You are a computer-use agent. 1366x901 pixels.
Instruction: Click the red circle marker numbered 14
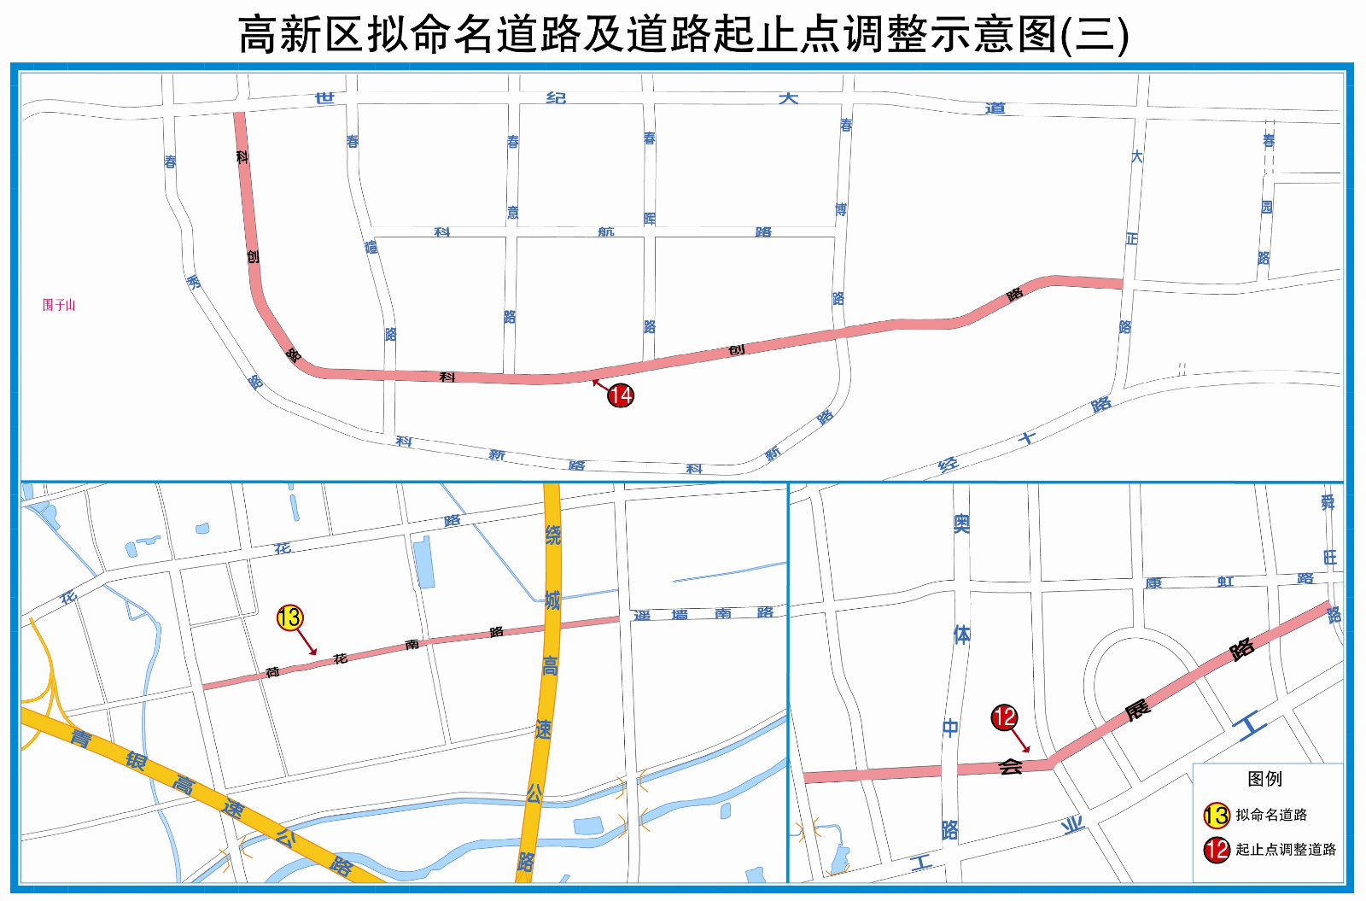[621, 395]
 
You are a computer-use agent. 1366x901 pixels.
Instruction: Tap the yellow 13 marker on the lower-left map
[289, 617]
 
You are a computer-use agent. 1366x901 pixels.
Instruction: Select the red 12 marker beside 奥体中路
[1004, 717]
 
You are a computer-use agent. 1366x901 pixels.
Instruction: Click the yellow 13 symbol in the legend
[1216, 816]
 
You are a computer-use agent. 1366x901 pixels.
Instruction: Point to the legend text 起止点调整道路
[1286, 850]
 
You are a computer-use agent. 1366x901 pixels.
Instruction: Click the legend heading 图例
[1264, 779]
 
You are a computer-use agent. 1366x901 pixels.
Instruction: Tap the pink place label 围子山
[59, 305]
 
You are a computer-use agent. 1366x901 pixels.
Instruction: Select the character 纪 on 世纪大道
[556, 98]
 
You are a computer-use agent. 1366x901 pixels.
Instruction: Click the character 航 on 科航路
[606, 231]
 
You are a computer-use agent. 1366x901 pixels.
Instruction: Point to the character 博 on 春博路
[841, 209]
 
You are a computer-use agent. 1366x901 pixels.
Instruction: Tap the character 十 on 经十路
[1027, 438]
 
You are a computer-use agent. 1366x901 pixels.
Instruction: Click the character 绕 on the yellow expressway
[552, 535]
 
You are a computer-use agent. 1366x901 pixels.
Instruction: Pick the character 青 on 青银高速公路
[80, 738]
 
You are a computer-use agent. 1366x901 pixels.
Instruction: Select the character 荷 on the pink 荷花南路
[272, 672]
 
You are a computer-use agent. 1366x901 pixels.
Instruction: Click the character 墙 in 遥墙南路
[680, 614]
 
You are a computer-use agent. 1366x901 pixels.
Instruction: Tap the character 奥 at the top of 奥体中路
[961, 523]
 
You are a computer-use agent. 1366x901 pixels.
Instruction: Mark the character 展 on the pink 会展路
[1136, 710]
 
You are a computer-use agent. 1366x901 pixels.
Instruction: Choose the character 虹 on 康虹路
[1226, 582]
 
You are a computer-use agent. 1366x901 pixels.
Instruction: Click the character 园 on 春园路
[1267, 207]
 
